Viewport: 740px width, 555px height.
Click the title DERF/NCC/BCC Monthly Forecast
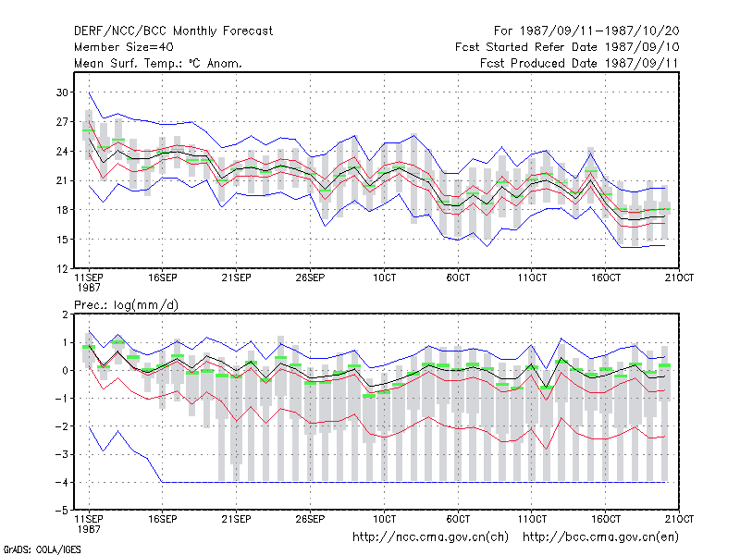173,31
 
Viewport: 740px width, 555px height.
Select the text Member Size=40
124,47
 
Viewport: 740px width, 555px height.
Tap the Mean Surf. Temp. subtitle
158,63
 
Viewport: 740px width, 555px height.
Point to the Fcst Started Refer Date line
567,47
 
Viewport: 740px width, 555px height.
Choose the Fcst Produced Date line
580,63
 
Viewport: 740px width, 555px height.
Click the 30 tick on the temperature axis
62,92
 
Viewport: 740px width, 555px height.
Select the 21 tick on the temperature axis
62,180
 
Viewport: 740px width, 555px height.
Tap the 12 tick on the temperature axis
62,269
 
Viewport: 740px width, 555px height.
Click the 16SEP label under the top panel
163,278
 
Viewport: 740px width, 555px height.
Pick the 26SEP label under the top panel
310,278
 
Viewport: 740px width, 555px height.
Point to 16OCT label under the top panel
606,278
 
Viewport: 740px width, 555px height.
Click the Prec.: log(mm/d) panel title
127,305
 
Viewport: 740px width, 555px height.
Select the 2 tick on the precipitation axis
65,314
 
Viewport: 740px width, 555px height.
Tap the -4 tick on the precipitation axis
62,482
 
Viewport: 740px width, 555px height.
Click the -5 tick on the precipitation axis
62,511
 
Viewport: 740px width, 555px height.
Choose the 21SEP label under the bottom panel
236,519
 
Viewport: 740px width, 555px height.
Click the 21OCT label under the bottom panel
679,519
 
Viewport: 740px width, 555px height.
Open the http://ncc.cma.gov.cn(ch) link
430,537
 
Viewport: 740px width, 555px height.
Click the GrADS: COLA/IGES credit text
42,549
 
